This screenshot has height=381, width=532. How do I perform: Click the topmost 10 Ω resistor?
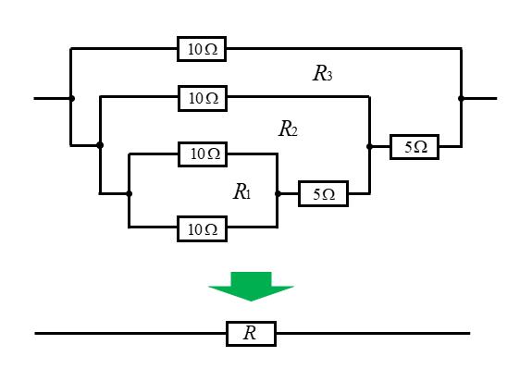point(202,49)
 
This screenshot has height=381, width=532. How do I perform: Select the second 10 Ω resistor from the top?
point(203,98)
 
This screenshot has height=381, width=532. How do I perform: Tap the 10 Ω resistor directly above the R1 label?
point(203,154)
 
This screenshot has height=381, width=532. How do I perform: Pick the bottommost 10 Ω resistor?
point(203,228)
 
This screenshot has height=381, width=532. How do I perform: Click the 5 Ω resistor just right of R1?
point(323,194)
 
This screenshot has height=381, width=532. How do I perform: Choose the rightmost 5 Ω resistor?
point(414,147)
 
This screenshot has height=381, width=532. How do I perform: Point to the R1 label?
point(241,191)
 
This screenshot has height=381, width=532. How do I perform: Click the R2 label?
point(288,129)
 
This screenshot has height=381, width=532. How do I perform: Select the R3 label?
point(322,73)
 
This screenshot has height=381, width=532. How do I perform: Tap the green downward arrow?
point(251,287)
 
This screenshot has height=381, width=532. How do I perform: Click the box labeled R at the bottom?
point(251,334)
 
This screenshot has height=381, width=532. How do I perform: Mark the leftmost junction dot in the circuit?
point(71,98)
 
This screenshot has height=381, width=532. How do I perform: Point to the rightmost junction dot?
point(461,98)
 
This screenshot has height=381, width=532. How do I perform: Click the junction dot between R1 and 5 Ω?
point(278,193)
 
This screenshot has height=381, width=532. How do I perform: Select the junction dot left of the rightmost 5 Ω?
point(369,146)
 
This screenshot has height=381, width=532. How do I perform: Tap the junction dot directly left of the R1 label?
point(129,193)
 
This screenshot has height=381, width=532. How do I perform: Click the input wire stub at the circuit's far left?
point(52,98)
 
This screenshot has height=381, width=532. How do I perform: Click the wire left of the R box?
point(130,334)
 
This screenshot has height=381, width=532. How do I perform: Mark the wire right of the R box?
point(373,334)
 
